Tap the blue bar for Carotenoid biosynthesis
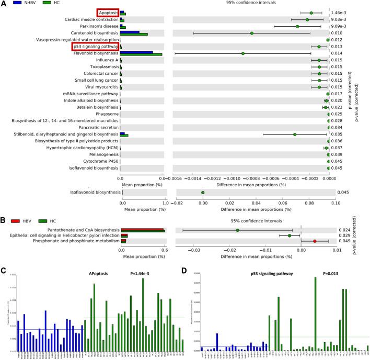click(x=130, y=32)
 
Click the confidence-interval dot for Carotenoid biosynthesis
click(x=251, y=33)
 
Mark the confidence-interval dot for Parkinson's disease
click(x=297, y=26)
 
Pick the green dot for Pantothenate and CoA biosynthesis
click(x=237, y=230)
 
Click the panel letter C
click(x=4, y=271)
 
